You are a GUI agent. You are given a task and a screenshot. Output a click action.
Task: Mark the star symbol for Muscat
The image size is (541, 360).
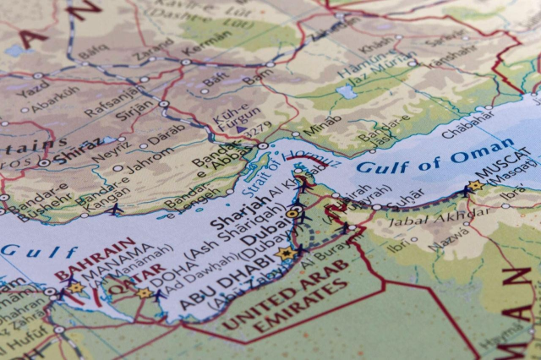475,185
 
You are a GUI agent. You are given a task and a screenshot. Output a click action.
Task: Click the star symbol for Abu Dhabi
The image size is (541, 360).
286,254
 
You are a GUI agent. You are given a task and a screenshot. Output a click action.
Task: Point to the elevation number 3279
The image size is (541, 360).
257,128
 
